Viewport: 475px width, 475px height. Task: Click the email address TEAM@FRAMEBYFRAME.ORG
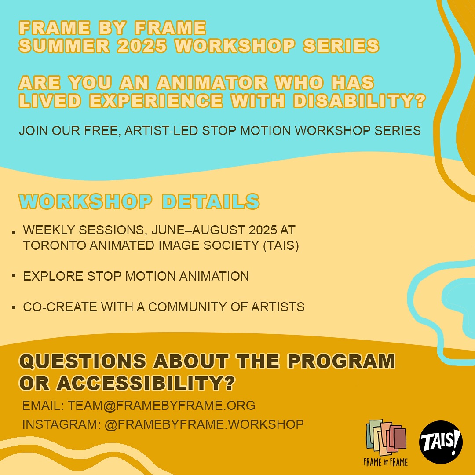(161, 405)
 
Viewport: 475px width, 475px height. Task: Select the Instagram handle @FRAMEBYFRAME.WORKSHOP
(204, 424)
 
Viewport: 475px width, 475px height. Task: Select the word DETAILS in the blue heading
(211, 201)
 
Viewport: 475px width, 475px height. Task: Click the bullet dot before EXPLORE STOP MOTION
(14, 275)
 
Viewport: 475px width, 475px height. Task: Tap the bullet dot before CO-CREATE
(14, 307)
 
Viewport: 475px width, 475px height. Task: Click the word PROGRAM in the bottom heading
(341, 362)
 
